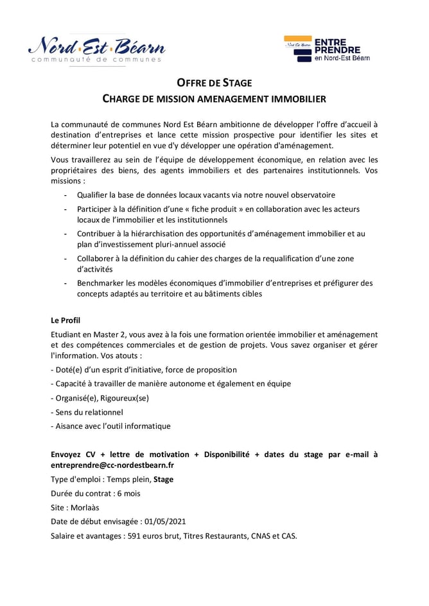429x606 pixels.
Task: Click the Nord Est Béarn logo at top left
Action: [x=96, y=49]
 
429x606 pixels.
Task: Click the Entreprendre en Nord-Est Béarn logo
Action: [x=327, y=49]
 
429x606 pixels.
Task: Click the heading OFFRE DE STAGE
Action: [x=214, y=83]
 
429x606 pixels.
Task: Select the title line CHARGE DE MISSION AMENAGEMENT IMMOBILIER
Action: [x=214, y=99]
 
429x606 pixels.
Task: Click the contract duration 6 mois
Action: [x=127, y=493]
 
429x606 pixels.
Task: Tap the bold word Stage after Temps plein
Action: [x=163, y=479]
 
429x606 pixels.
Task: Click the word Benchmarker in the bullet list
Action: [x=101, y=282]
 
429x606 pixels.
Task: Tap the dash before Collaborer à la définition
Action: [x=66, y=258]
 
